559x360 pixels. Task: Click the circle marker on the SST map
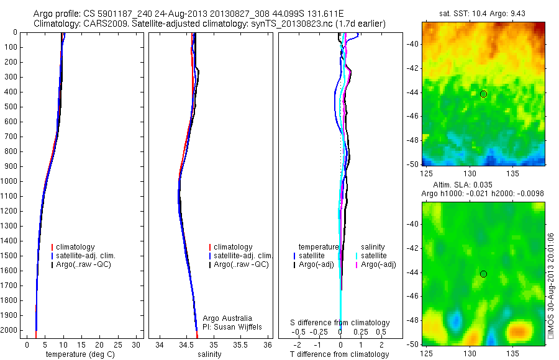pos(483,94)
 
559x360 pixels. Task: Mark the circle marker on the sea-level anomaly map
pos(483,274)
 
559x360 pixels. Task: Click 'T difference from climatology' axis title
pos(339,354)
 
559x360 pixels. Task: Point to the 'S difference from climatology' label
pos(340,323)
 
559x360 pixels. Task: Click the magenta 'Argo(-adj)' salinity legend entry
pos(378,265)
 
